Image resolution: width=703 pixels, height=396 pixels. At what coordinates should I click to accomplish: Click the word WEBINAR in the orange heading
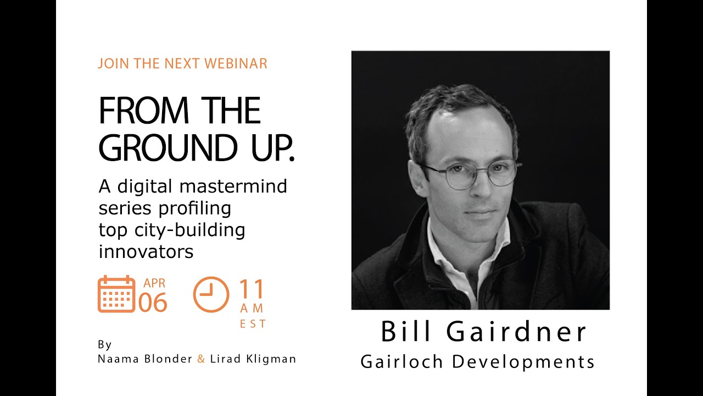click(236, 63)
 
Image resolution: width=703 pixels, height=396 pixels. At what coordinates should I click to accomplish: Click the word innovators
click(146, 251)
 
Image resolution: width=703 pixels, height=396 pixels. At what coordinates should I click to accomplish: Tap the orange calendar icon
click(116, 294)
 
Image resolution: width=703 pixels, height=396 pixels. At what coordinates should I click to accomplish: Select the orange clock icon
click(211, 294)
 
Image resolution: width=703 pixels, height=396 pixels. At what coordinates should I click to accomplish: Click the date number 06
click(153, 302)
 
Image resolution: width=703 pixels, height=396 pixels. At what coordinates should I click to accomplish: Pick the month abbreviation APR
click(154, 284)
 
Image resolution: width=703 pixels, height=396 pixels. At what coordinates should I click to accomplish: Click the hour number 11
click(252, 289)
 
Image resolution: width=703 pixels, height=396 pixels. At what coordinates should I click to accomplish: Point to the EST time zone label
click(253, 324)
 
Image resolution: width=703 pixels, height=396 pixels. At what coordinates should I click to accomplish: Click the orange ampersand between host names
click(201, 359)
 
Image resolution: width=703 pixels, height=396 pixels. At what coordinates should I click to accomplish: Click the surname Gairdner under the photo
click(517, 332)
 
